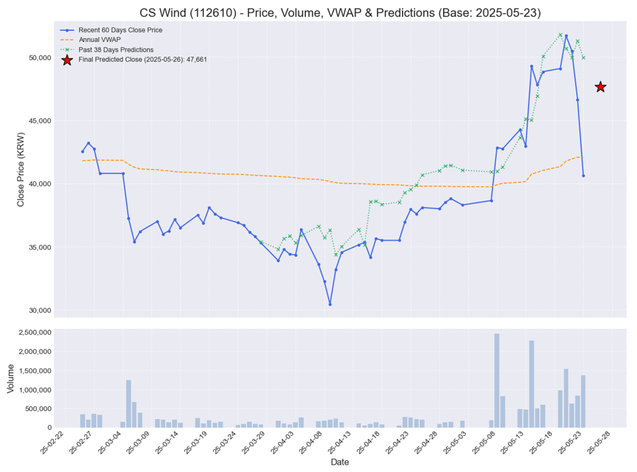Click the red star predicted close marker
tap(600, 87)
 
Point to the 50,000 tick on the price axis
tap(37, 57)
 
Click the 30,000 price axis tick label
tap(37, 311)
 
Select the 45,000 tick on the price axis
tap(37, 120)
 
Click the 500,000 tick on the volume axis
tap(34, 409)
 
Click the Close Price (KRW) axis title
tap(21, 170)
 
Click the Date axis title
tap(339, 462)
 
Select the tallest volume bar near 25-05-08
tap(497, 380)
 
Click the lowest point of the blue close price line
tap(330, 304)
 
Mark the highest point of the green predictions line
tap(560, 35)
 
